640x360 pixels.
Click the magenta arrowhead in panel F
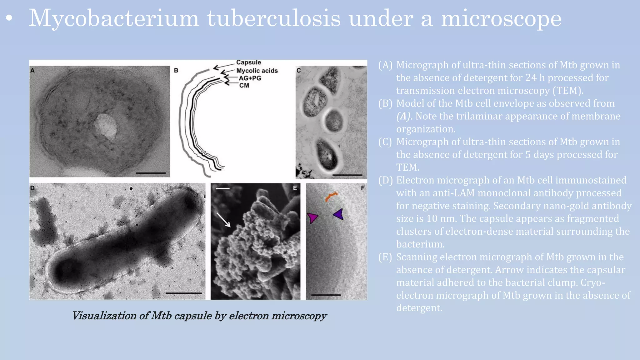point(312,217)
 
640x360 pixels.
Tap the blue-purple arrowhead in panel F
point(338,214)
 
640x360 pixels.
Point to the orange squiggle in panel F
point(331,197)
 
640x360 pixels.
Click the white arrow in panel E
point(224,220)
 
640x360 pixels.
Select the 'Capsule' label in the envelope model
point(248,62)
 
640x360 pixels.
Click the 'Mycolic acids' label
point(257,71)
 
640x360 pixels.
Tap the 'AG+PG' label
point(250,78)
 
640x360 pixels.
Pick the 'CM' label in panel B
point(244,85)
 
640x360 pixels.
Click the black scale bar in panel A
point(151,173)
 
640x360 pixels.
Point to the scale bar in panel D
point(183,293)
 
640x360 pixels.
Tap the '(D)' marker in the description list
point(385,180)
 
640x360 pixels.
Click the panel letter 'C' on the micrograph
point(298,70)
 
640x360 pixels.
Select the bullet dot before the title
point(9,18)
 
